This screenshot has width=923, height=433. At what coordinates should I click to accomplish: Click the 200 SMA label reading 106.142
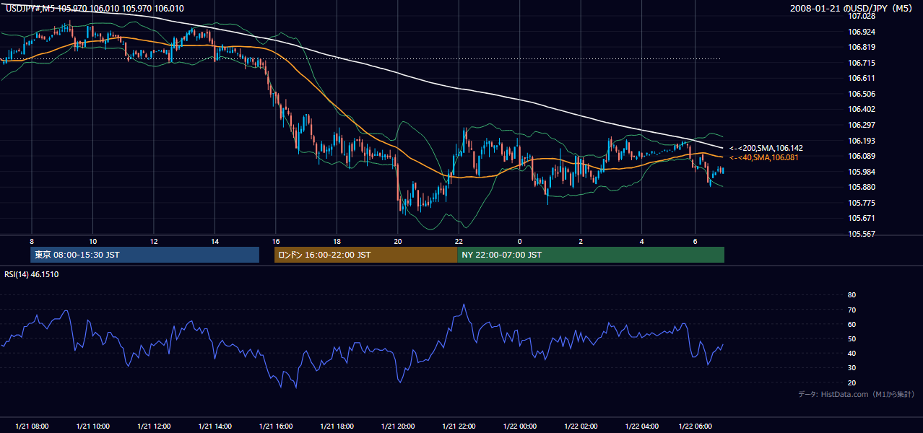coord(766,148)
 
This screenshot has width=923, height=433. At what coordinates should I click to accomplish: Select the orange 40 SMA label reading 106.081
coord(763,157)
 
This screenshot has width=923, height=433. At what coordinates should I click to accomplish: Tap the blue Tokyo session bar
coord(144,255)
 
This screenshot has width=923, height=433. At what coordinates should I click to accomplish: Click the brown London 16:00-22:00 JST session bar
coord(366,255)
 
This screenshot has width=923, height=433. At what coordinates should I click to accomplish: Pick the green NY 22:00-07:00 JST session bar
coord(591,255)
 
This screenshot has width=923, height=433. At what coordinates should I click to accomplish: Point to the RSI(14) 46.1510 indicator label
coord(31,274)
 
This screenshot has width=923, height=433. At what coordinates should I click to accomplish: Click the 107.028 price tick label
coord(861,17)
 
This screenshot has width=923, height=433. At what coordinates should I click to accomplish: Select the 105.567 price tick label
coord(861,234)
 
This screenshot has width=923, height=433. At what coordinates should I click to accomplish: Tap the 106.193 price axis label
coord(861,141)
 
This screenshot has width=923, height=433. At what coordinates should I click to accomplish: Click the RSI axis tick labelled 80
coord(851,294)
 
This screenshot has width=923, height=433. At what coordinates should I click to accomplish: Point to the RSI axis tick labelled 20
coord(851,382)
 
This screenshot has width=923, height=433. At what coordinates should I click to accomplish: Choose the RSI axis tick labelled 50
coord(851,338)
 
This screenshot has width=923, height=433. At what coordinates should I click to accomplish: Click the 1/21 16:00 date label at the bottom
coord(276,427)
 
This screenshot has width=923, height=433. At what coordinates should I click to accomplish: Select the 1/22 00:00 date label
coord(519,427)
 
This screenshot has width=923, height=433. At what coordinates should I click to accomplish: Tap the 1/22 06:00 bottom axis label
coord(695,427)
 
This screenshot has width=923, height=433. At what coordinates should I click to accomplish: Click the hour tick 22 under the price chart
coord(459,242)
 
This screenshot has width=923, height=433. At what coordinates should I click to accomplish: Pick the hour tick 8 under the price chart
coord(32,242)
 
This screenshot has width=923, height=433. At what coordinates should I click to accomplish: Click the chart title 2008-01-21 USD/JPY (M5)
coord(851,8)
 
